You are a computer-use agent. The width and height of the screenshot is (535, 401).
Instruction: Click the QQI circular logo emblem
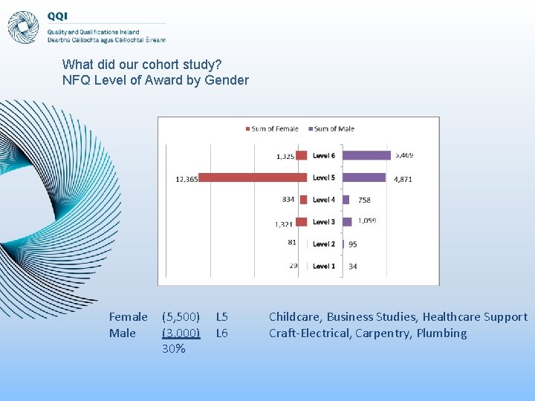pos(23,27)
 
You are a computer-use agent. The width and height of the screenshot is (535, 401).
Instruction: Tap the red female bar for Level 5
pos(253,178)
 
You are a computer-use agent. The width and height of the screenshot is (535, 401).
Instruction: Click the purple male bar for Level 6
pos(366,155)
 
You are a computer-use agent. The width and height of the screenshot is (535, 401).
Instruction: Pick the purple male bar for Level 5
pos(364,178)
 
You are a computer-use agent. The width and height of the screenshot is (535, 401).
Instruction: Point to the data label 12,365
pos(187,179)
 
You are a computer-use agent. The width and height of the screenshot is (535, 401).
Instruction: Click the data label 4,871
pos(403,179)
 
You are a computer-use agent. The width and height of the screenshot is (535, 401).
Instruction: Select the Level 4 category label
pos(324,200)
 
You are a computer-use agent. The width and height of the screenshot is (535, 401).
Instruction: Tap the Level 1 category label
pos(324,266)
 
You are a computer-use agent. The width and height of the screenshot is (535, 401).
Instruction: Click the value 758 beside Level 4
pos(364,200)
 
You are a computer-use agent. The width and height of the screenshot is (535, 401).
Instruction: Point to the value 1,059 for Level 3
pos(367,221)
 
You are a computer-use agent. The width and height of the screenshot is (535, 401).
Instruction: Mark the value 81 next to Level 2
pos(291,243)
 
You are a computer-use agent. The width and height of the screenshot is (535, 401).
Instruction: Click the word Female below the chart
pos(128,317)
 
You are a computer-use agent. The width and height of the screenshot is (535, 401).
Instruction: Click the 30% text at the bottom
pos(173,349)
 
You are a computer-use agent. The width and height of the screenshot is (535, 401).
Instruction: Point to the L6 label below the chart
pos(221,333)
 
